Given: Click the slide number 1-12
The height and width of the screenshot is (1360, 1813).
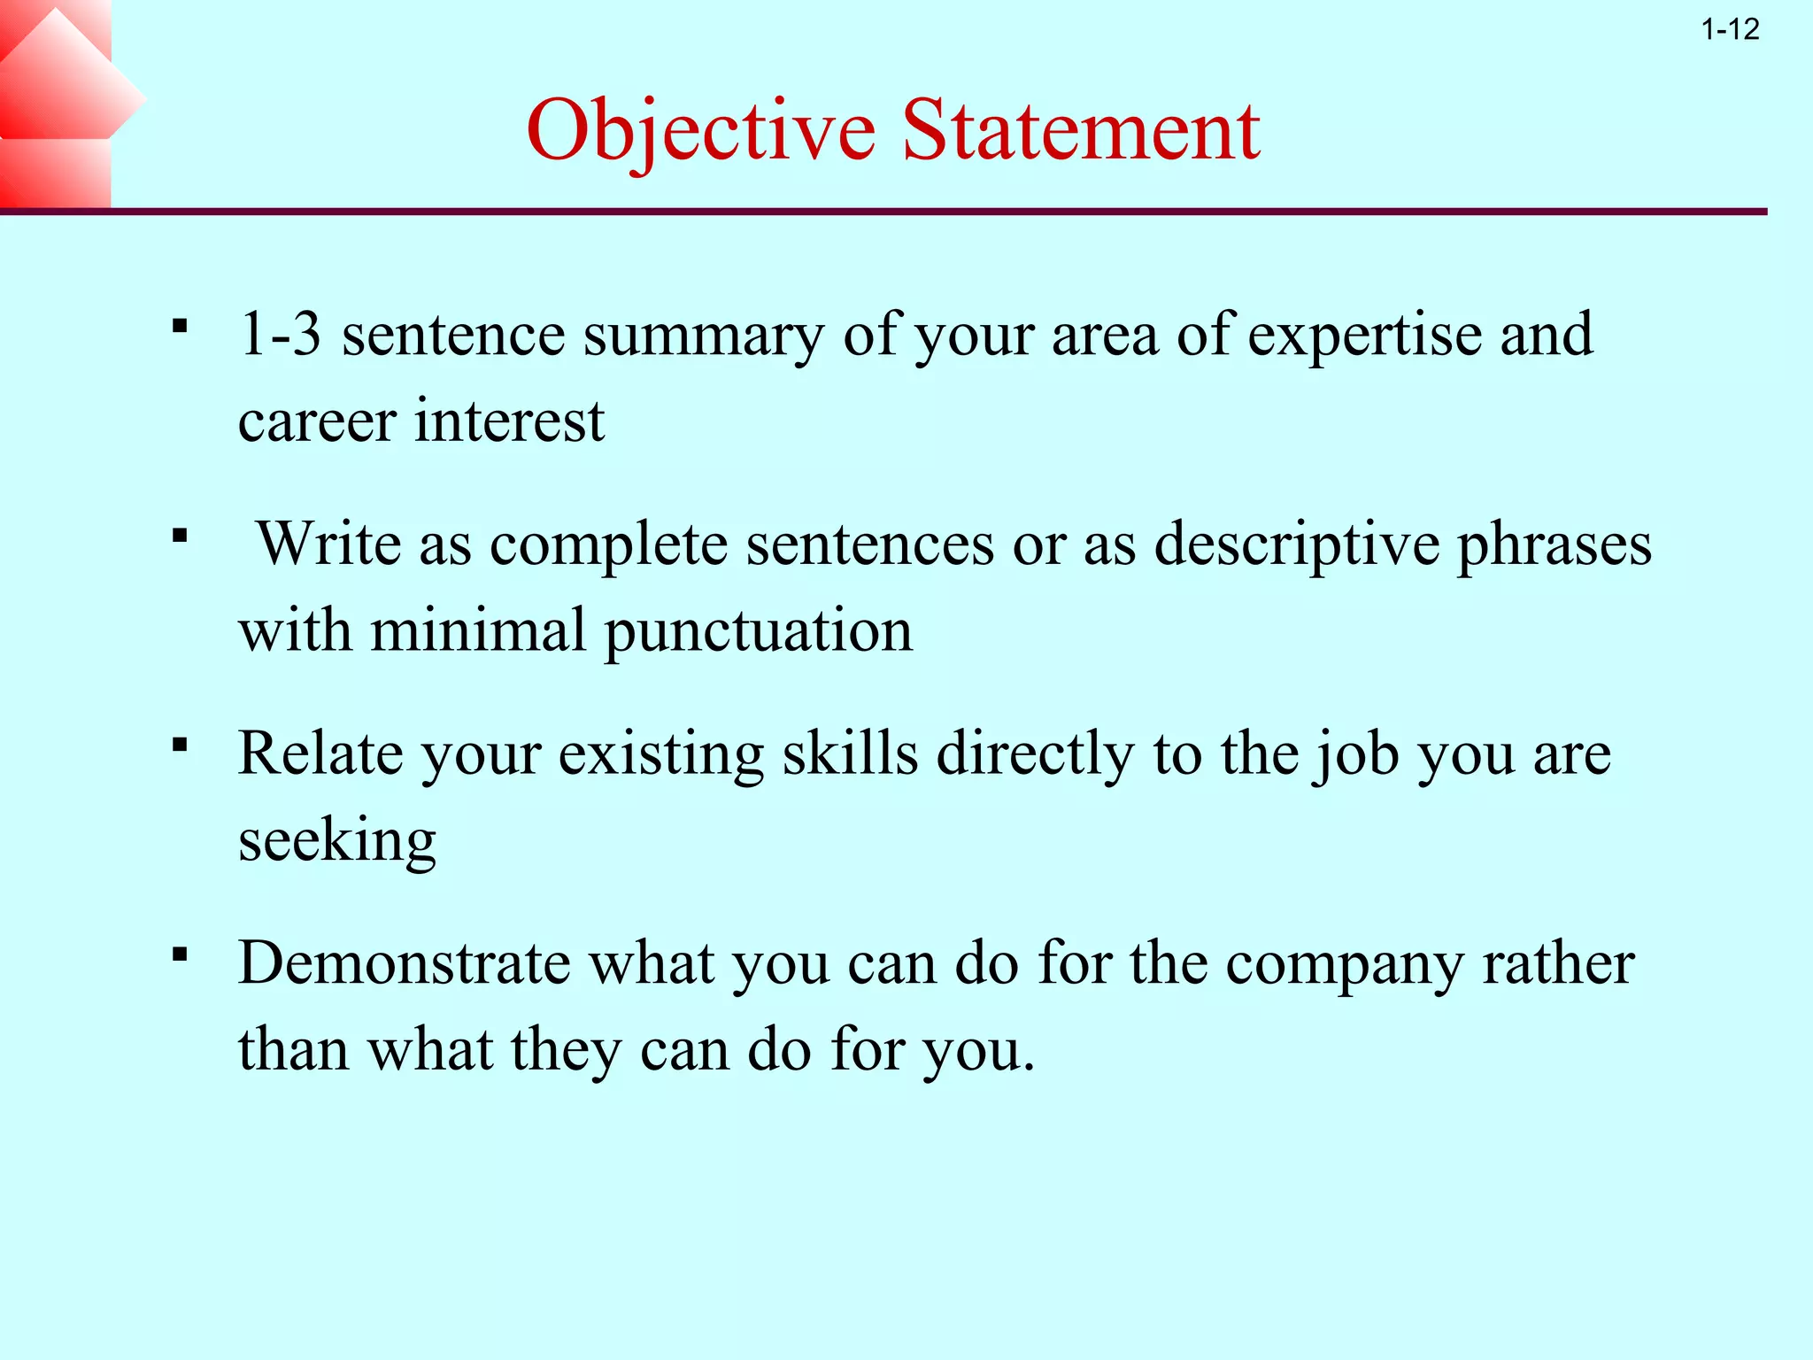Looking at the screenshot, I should (x=1730, y=30).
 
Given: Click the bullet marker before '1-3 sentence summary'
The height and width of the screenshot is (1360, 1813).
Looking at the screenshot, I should (x=181, y=327).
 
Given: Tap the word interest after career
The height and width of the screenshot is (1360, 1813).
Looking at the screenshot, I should (x=510, y=421).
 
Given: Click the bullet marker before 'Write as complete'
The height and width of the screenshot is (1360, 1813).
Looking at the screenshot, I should (x=181, y=536).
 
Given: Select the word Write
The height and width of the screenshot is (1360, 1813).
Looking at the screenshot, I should (x=328, y=543).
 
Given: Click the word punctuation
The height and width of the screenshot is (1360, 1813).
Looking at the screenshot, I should (x=758, y=632).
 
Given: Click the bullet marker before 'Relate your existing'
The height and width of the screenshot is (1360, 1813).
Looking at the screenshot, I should (x=181, y=745).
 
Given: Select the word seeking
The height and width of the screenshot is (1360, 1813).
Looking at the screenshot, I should (x=337, y=841).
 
